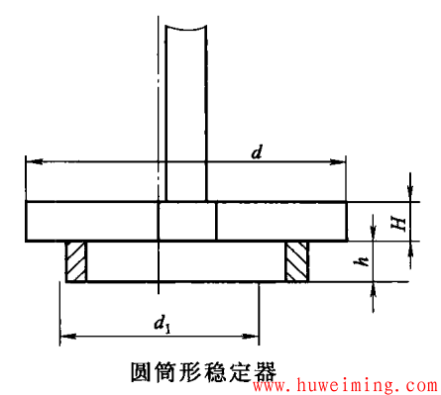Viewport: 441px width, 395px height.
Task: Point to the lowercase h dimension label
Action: [x=365, y=262]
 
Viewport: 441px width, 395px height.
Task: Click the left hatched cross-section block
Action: [x=75, y=261]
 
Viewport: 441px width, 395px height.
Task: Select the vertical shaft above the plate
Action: [x=185, y=99]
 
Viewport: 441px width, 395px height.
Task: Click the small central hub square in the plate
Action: [x=186, y=221]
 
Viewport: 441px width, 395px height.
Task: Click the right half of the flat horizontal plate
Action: [x=281, y=221]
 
